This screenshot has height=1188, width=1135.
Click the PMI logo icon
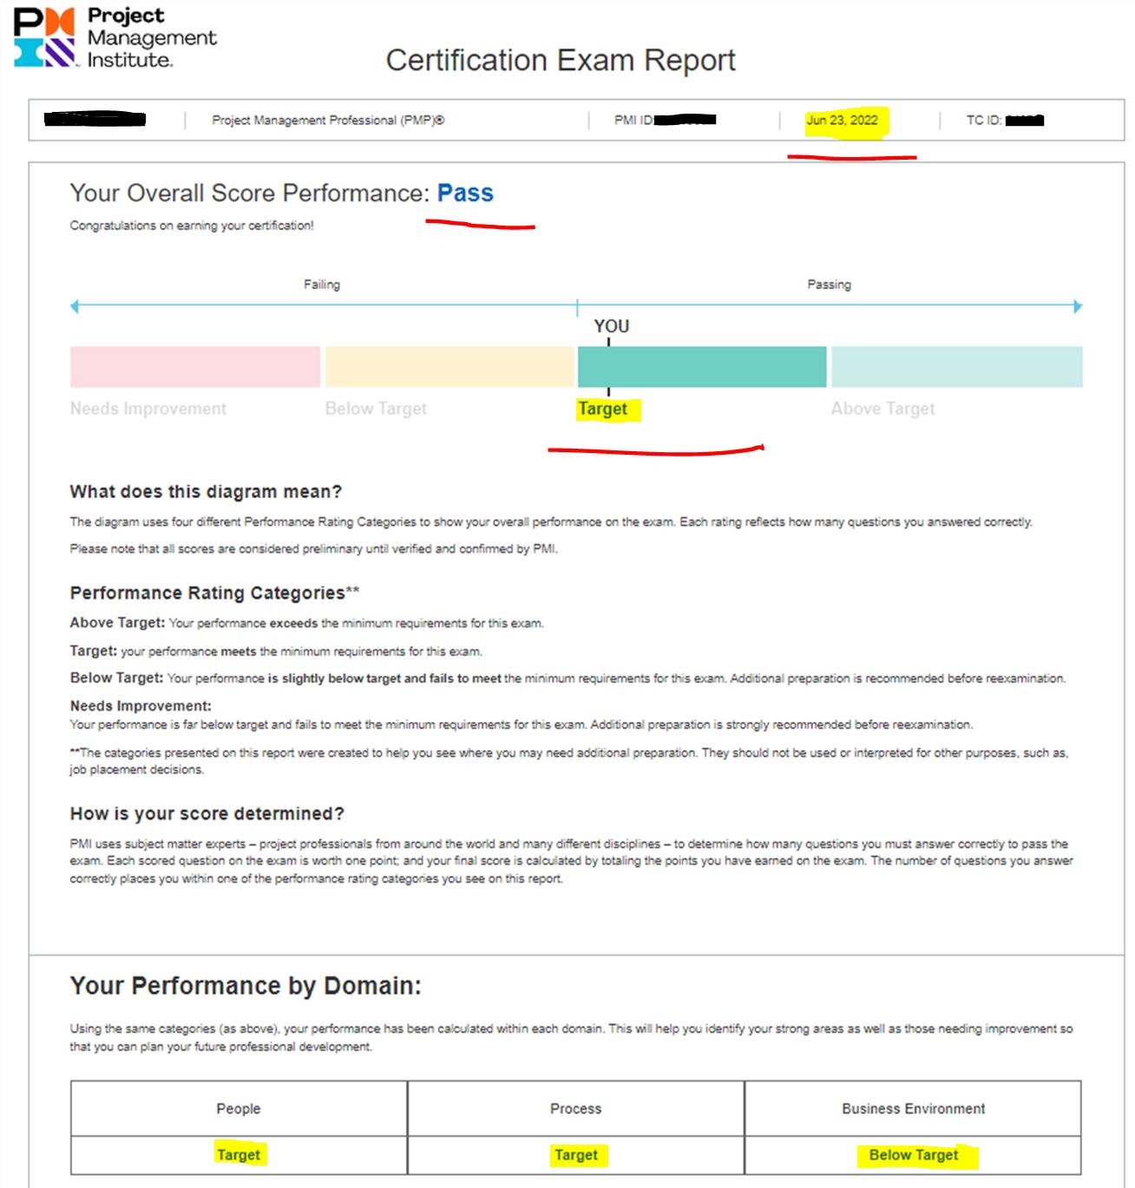click(44, 37)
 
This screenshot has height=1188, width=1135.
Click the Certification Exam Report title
click(560, 60)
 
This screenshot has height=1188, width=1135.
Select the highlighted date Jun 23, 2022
click(842, 120)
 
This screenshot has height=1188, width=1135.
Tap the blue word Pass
click(465, 193)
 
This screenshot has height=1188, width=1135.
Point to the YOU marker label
click(611, 326)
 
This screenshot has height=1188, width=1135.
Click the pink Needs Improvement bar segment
click(195, 366)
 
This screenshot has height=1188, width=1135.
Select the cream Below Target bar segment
click(449, 366)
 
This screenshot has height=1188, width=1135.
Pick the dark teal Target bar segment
click(701, 366)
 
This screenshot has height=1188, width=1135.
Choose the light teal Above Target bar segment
click(956, 366)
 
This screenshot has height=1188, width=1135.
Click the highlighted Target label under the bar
click(603, 409)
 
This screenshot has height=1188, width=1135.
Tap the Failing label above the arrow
click(322, 285)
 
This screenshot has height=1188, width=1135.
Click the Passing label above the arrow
click(829, 285)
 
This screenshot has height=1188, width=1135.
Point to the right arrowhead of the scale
click(1078, 306)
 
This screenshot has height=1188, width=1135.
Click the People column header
click(239, 1108)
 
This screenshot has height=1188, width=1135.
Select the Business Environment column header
click(913, 1108)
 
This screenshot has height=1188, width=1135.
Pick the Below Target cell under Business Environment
click(914, 1155)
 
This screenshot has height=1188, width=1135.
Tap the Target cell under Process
click(576, 1155)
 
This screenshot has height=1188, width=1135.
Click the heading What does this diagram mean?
click(206, 491)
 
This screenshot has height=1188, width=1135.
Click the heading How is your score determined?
click(207, 813)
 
